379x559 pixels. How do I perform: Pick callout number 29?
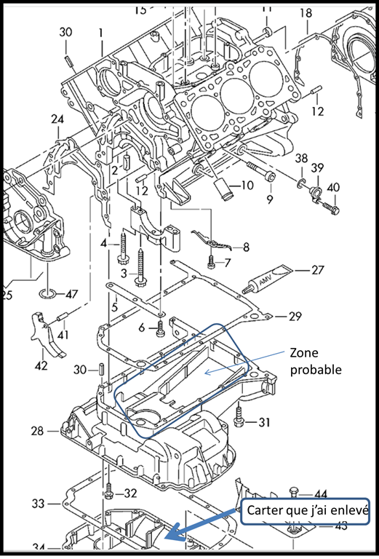click(295, 316)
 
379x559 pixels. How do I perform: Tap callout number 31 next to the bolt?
click(263, 421)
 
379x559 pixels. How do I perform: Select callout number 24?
click(57, 119)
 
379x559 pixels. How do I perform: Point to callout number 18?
click(305, 13)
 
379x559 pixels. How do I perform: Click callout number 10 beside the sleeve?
click(247, 185)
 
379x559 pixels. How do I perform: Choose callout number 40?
click(332, 188)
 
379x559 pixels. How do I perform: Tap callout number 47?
click(71, 294)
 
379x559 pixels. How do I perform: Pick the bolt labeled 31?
click(241, 419)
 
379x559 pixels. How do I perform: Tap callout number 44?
click(321, 494)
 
